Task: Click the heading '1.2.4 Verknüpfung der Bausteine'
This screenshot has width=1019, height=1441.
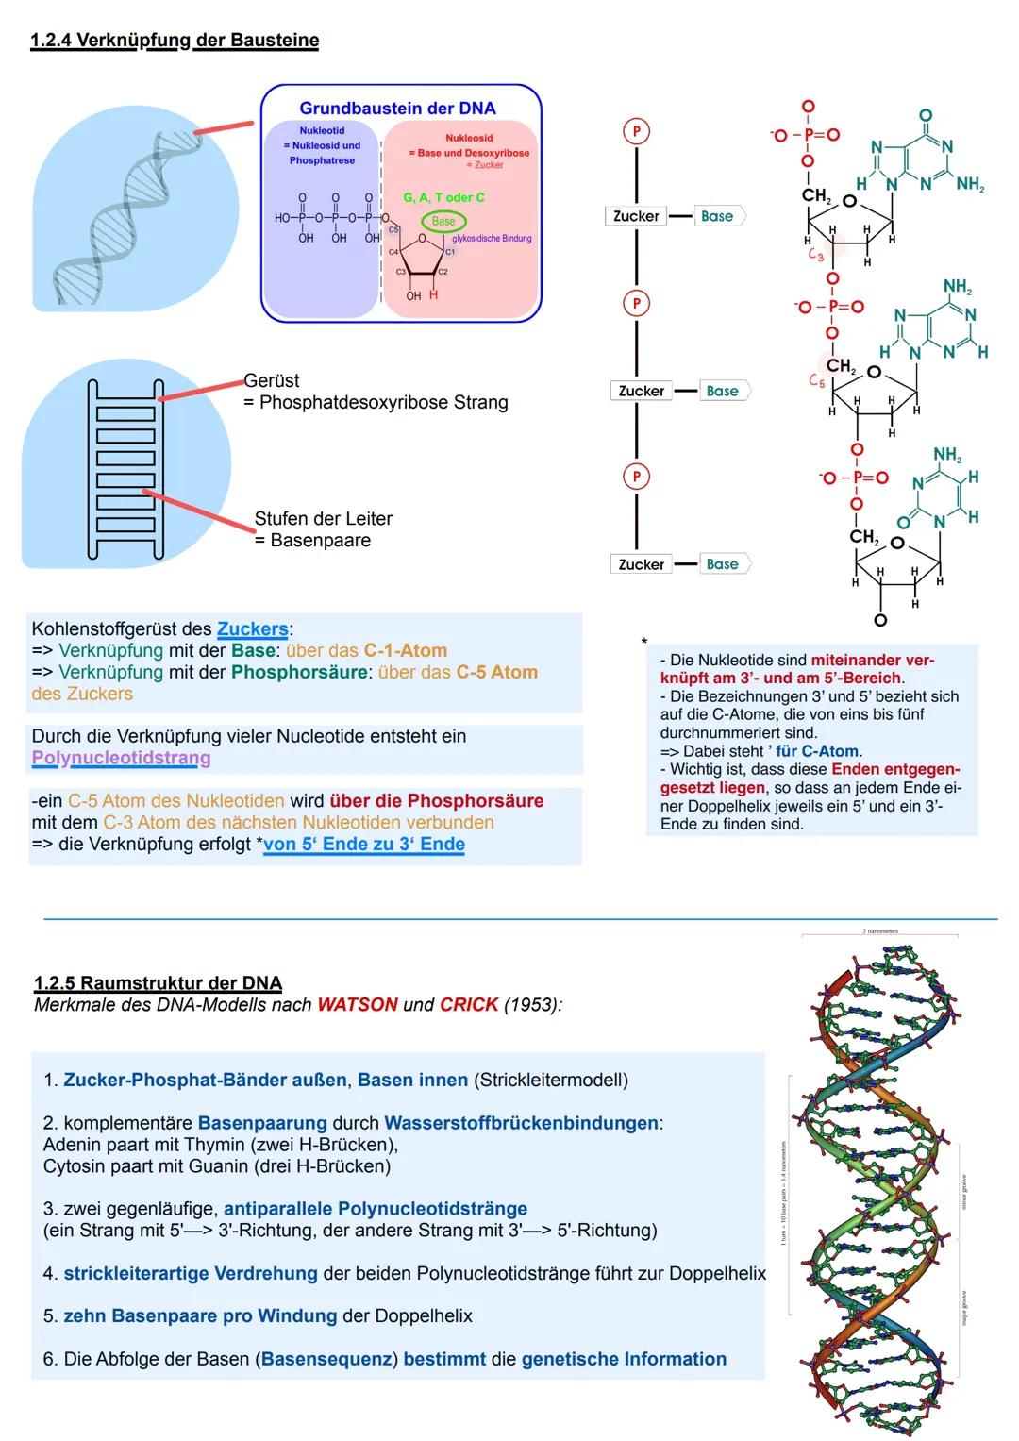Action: click(175, 41)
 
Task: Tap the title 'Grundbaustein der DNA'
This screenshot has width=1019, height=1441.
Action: click(397, 109)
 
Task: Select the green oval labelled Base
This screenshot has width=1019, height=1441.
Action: click(443, 221)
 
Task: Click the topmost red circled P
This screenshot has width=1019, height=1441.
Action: click(637, 131)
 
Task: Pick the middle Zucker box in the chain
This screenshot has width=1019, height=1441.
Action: click(642, 391)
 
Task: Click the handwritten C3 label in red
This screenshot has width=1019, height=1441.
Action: click(816, 255)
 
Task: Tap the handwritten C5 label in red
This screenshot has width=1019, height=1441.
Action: click(817, 381)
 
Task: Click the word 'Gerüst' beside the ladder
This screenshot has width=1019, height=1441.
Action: click(272, 380)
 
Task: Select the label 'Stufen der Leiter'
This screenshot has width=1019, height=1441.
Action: click(323, 518)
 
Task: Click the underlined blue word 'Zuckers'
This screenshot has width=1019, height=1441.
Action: click(253, 628)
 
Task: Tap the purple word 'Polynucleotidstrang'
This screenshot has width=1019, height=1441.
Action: click(122, 758)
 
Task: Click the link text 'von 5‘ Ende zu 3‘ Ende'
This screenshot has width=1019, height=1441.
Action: click(364, 844)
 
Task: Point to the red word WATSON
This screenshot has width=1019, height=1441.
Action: click(358, 1004)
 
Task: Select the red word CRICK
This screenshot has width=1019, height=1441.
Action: click(469, 1004)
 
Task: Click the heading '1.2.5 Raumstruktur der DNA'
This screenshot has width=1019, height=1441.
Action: click(159, 983)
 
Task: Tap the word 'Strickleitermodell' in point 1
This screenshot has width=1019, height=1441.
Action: click(551, 1080)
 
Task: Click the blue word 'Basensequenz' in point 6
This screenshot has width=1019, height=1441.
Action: click(326, 1359)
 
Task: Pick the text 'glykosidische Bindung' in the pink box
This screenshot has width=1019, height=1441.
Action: click(492, 239)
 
